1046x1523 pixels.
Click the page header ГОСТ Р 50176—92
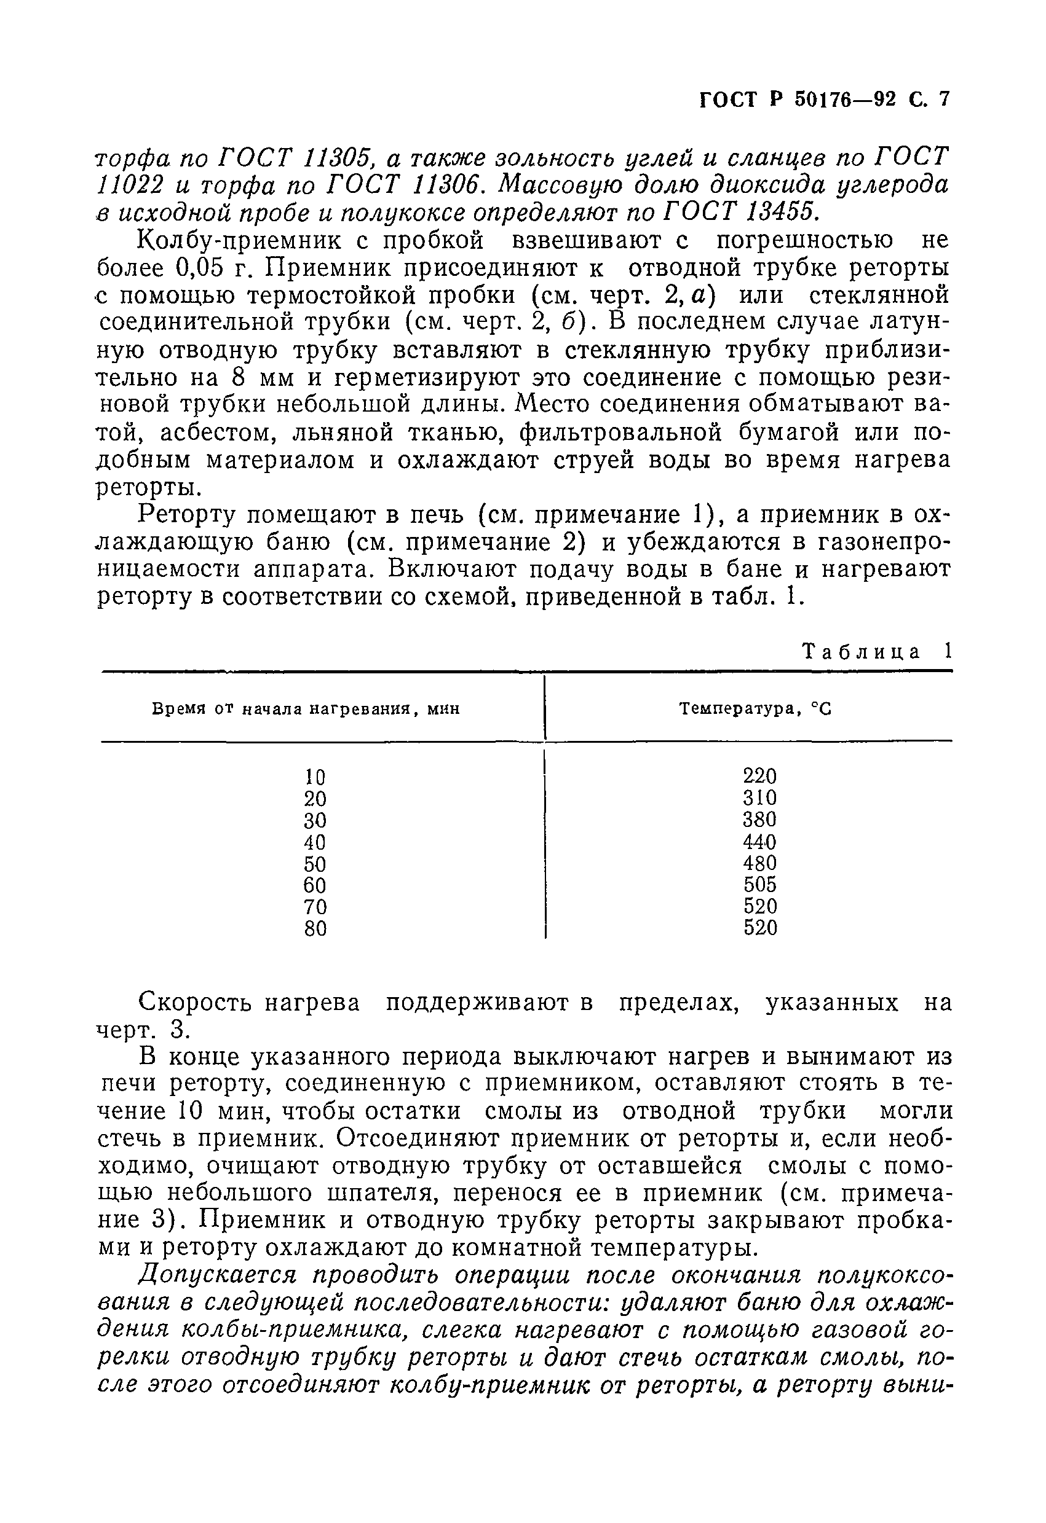point(797,100)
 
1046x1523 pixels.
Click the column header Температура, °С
point(755,709)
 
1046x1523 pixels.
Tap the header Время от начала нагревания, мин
point(306,709)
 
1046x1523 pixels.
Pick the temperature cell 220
point(759,777)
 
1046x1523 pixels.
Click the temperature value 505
point(759,885)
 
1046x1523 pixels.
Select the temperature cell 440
point(759,842)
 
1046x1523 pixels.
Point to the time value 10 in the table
point(315,777)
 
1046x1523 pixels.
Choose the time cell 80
point(315,930)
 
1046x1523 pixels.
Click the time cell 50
point(315,864)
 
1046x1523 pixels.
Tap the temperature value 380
point(759,820)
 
